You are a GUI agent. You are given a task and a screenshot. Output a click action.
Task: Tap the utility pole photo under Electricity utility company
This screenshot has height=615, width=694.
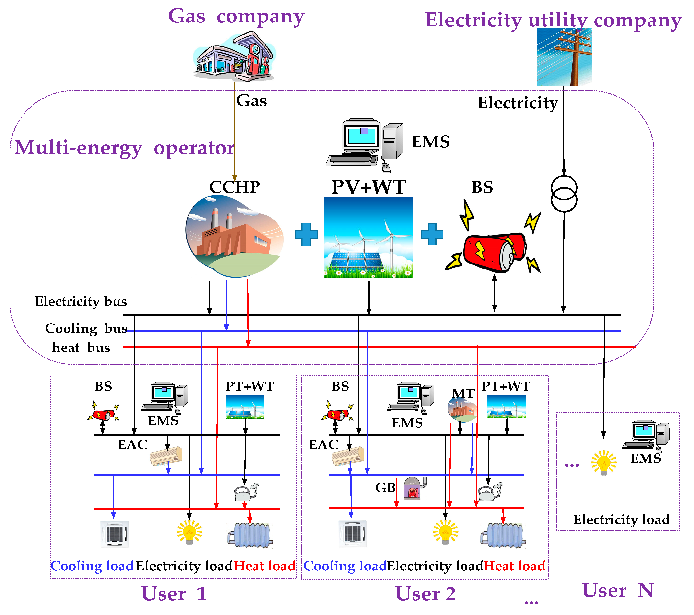coord(564,57)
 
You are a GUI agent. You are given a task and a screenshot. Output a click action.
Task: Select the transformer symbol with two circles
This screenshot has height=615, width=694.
coord(564,194)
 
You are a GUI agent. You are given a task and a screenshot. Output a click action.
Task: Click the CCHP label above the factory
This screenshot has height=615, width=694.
coord(234,187)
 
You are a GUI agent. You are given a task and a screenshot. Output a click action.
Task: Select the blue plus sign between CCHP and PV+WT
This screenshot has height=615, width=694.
coord(306,234)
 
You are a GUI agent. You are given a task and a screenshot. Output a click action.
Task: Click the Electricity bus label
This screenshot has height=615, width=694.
coord(81,301)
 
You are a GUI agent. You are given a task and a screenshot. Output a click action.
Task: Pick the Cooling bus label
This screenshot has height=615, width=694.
coord(86,329)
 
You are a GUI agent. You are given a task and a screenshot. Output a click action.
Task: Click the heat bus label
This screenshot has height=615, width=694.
coord(81,348)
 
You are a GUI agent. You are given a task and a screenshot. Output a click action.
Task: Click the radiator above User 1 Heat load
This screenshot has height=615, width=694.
coord(251,535)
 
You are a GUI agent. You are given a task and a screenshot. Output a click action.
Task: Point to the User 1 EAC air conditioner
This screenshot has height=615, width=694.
coord(166,456)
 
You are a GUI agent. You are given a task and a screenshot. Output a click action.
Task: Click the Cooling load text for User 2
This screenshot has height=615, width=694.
coord(345,566)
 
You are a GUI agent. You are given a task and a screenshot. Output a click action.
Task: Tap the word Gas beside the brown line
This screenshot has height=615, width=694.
coord(252,101)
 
